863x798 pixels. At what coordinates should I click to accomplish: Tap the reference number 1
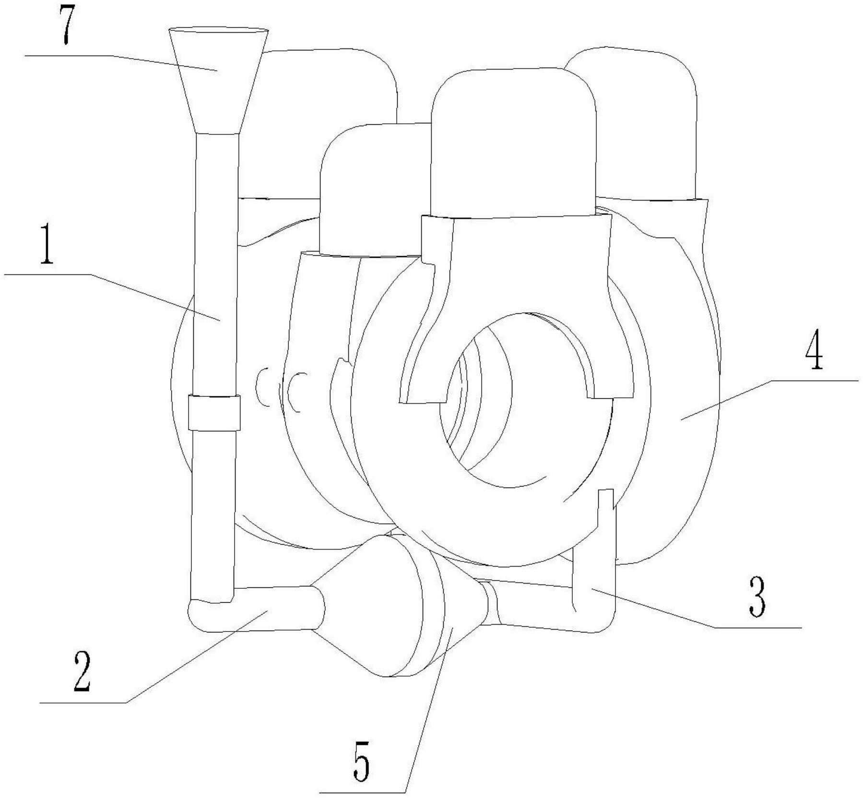point(46,248)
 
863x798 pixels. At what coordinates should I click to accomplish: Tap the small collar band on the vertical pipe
point(214,412)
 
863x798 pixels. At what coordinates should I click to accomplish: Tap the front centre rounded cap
point(513,139)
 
